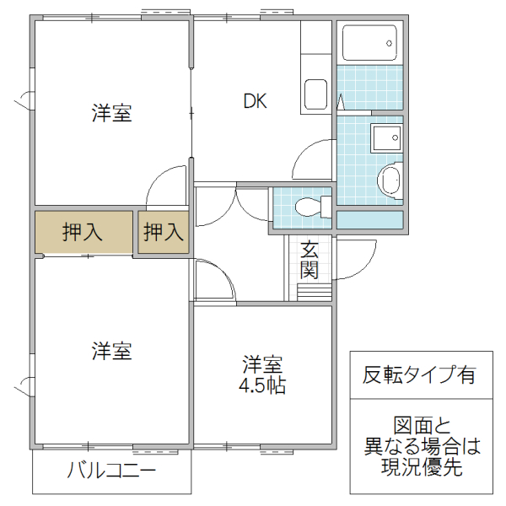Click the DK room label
point(256,102)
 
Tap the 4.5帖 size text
point(263,386)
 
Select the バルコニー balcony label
point(111,471)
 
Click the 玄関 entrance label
point(309,260)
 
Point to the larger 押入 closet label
point(83,232)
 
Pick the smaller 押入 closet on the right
point(163,232)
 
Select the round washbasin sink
point(390,180)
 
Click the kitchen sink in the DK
point(316,94)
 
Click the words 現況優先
point(418,469)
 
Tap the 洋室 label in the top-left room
point(111,114)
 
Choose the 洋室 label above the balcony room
point(111,351)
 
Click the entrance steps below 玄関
point(314,292)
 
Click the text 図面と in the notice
point(418,425)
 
